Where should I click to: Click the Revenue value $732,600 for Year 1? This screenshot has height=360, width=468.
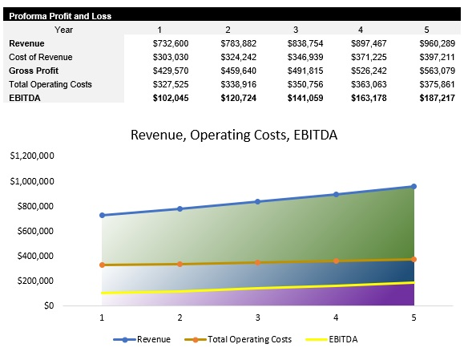pyautogui.click(x=169, y=43)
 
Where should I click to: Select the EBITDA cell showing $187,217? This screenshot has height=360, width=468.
pyautogui.click(x=437, y=97)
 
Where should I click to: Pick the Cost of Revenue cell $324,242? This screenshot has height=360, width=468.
pyautogui.click(x=237, y=57)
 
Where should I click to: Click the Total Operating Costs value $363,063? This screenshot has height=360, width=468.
pyautogui.click(x=369, y=84)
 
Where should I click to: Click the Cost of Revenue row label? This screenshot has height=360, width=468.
pyautogui.click(x=40, y=57)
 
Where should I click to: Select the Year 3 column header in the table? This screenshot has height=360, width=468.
pyautogui.click(x=296, y=30)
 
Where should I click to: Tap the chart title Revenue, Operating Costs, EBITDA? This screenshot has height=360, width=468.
pyautogui.click(x=234, y=135)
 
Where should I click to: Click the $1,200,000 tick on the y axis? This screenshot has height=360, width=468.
pyautogui.click(x=33, y=156)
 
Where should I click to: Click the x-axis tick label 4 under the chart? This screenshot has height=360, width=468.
pyautogui.click(x=336, y=318)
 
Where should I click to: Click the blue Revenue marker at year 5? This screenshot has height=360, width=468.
pyautogui.click(x=414, y=186)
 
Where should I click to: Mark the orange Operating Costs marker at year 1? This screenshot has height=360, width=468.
pyautogui.click(x=102, y=265)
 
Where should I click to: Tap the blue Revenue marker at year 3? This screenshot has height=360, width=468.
pyautogui.click(x=258, y=201)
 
